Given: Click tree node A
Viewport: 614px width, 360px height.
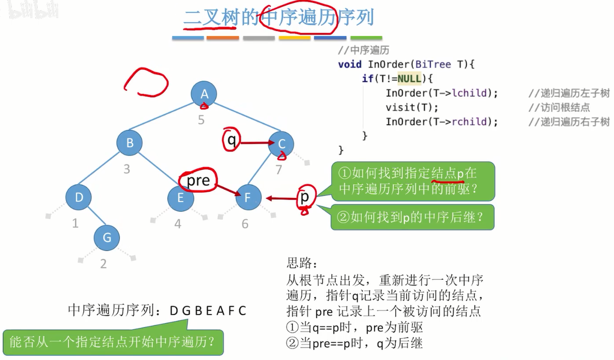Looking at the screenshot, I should tap(204, 94).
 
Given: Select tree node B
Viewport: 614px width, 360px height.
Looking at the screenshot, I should tap(130, 143).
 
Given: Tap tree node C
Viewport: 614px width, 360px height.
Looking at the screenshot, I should tap(281, 144).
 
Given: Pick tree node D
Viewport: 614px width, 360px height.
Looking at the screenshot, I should tap(79, 197).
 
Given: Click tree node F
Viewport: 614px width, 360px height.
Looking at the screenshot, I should tap(248, 198).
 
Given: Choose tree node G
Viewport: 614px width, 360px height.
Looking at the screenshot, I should tap(107, 237).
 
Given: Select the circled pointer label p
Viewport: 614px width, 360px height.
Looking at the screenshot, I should tap(304, 197).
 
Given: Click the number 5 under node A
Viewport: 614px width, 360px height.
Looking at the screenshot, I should tap(201, 120).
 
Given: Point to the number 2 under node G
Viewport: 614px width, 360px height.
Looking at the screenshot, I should tap(103, 264).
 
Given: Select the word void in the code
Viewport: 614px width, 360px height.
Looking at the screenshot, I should tap(350, 65).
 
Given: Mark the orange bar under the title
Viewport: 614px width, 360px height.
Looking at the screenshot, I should tap(222, 38).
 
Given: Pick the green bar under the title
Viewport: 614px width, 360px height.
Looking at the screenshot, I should tap(366, 38).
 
